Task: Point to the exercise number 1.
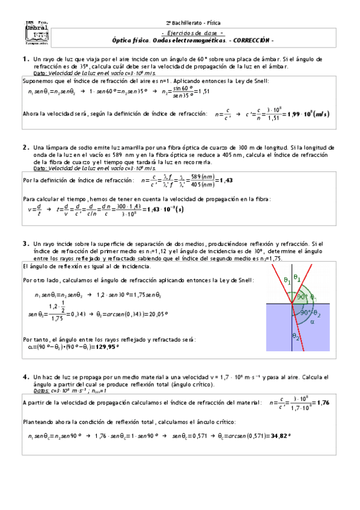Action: pyautogui.click(x=25, y=59)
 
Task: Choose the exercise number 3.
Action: pyautogui.click(x=25, y=244)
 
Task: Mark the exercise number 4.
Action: pyautogui.click(x=25, y=376)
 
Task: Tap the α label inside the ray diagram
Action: pyautogui.click(x=312, y=321)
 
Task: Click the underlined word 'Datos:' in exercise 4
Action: pyautogui.click(x=41, y=390)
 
